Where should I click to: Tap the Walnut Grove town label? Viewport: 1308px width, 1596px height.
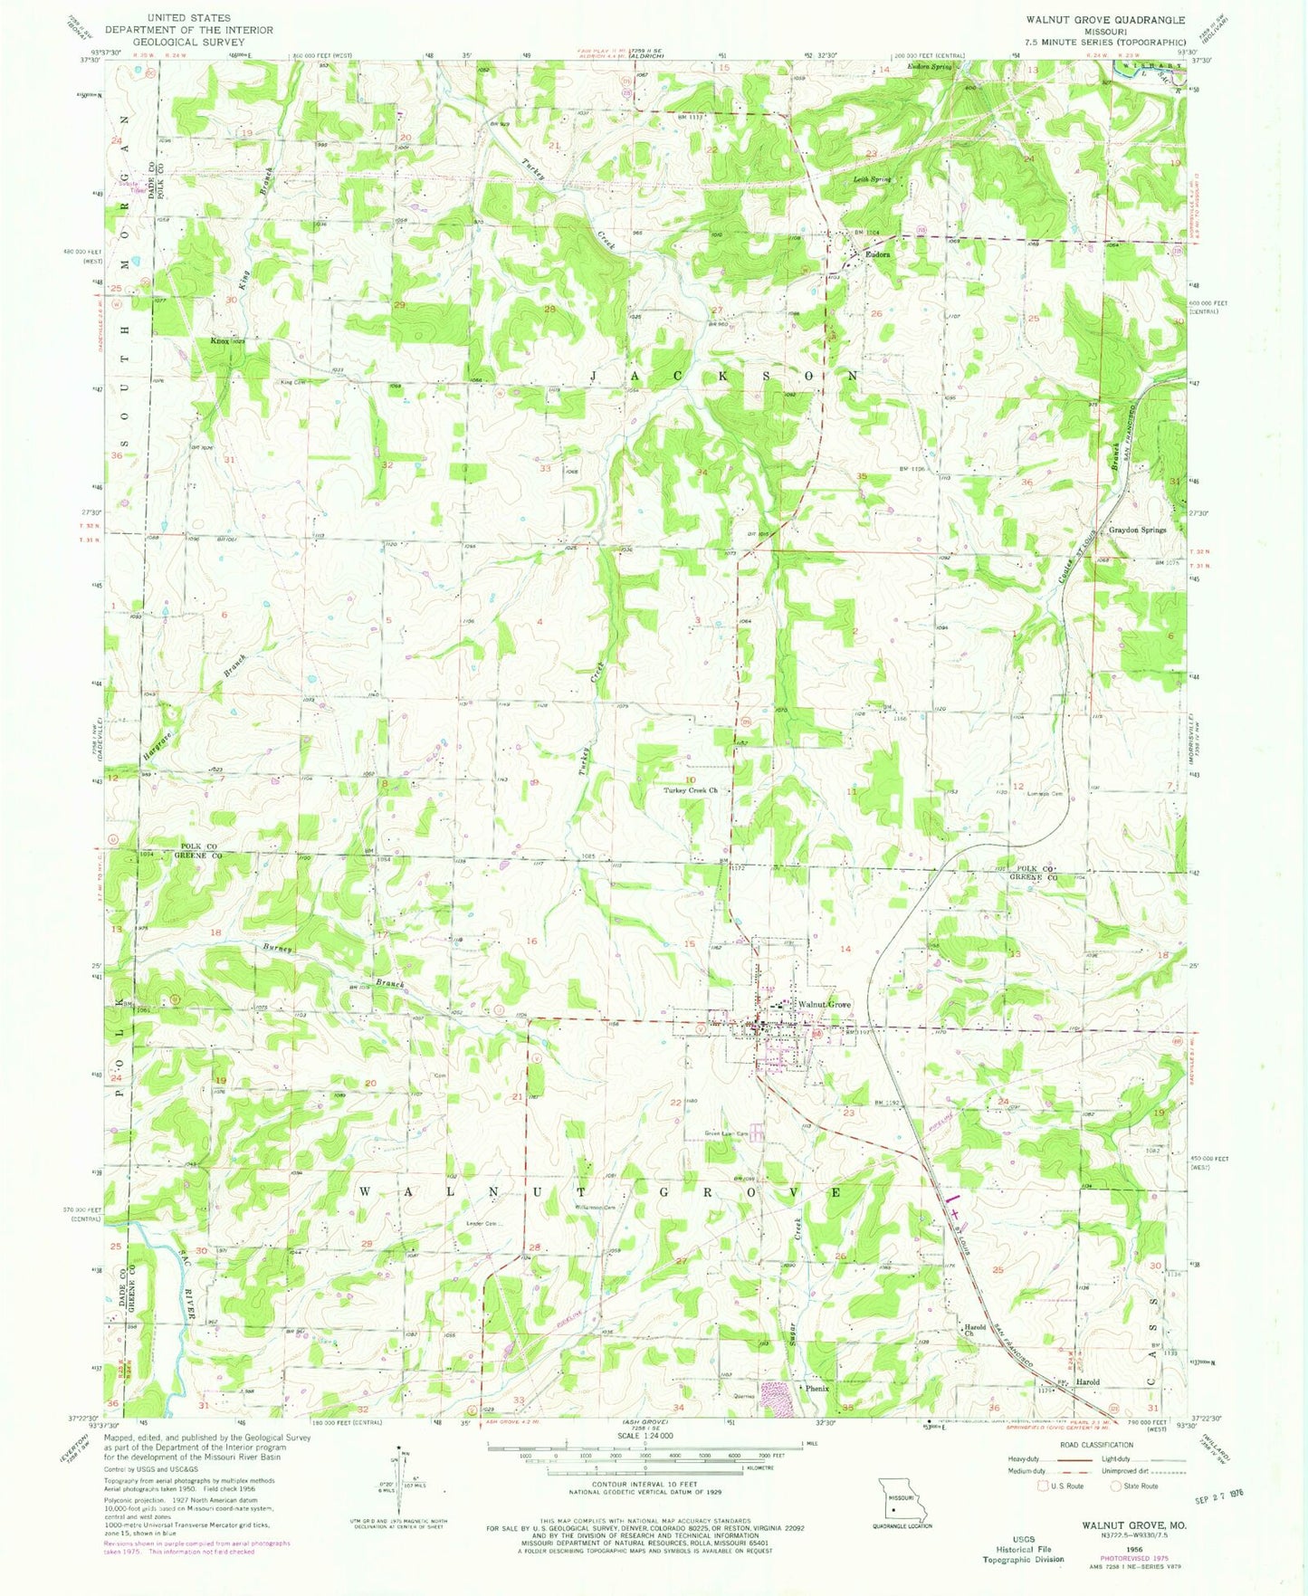824,1005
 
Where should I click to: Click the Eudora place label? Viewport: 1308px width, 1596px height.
877,255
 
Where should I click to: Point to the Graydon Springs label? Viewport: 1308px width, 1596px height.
1138,530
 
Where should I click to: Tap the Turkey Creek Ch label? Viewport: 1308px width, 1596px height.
691,790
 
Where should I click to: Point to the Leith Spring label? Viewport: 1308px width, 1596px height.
873,179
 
